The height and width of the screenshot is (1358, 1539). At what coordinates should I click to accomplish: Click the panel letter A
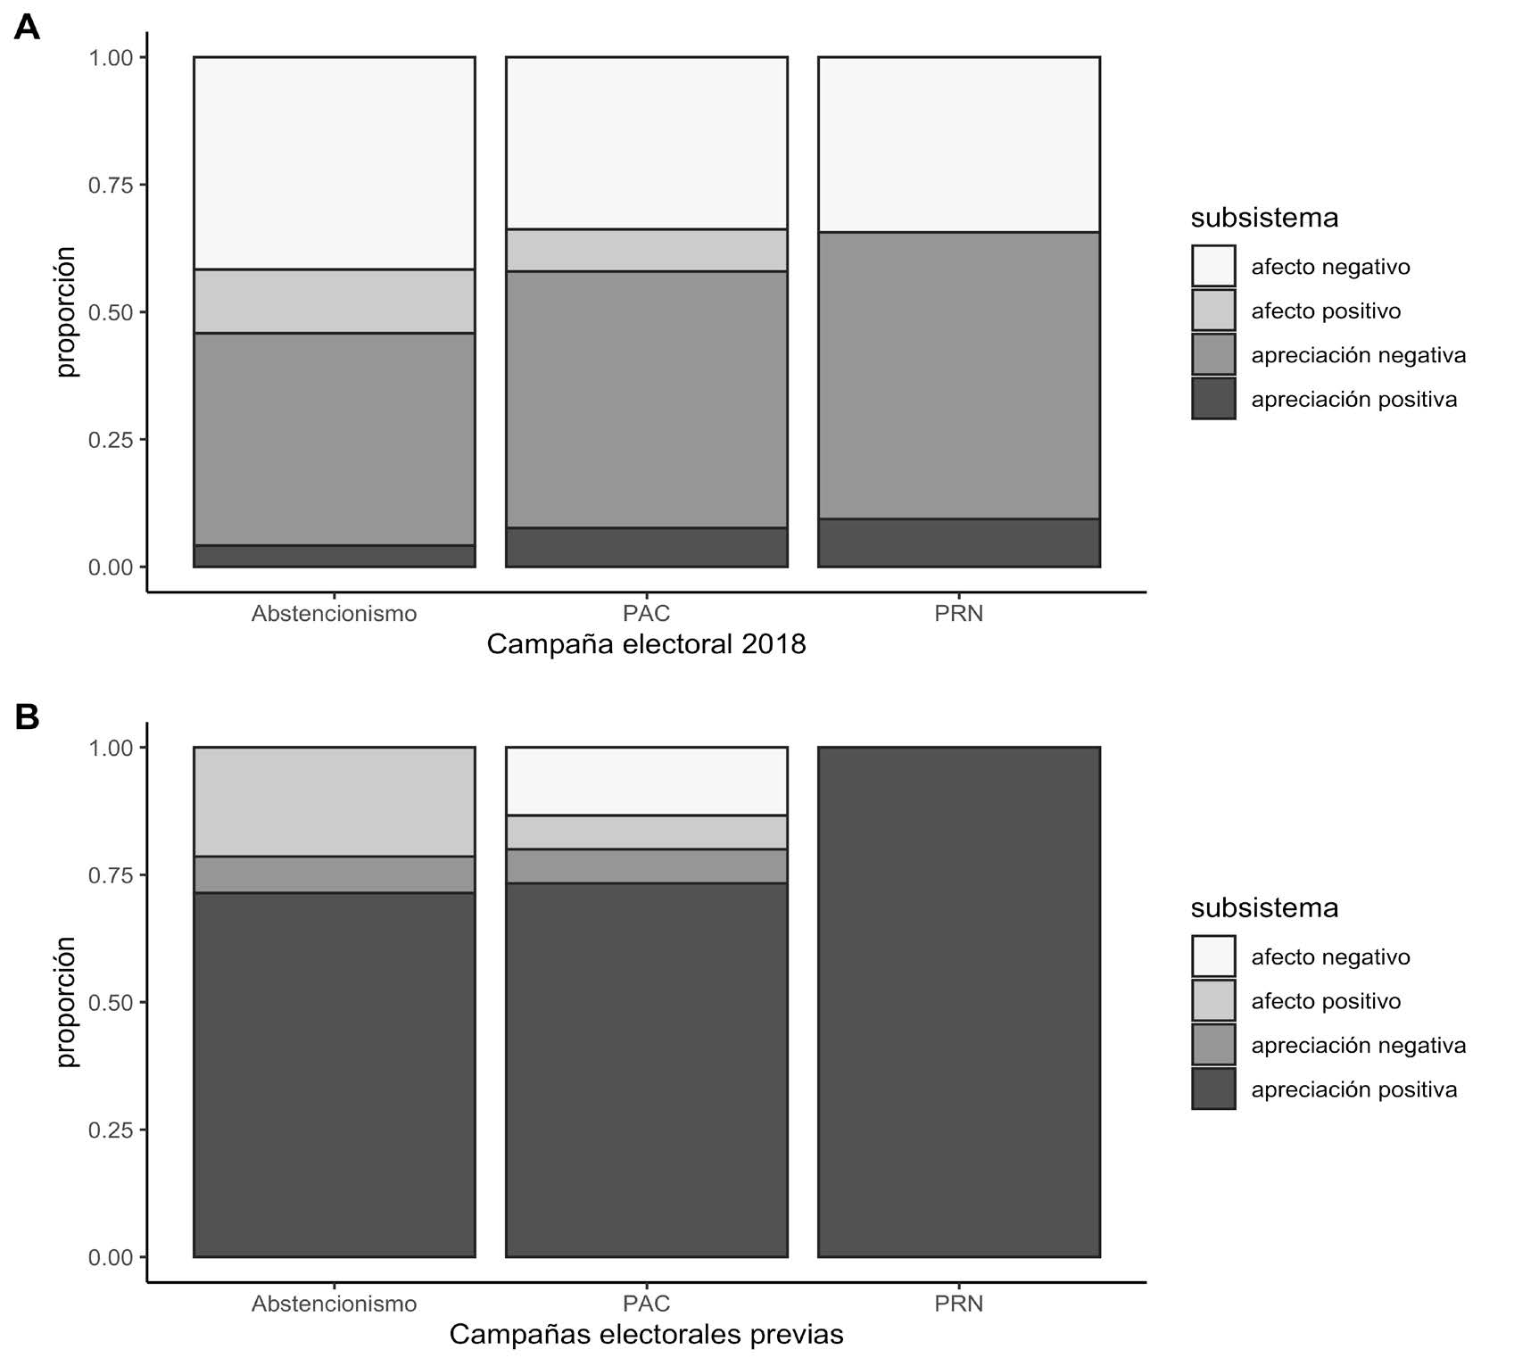(27, 28)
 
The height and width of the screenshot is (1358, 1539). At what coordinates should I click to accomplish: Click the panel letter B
(27, 716)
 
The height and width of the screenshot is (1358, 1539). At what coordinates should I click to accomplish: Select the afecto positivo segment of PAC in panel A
(646, 250)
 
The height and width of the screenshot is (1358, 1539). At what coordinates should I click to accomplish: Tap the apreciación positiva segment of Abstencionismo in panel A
(334, 556)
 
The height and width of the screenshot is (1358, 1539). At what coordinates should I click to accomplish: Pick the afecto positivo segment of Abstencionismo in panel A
(334, 301)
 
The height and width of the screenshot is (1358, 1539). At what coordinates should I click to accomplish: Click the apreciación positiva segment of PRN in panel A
(958, 542)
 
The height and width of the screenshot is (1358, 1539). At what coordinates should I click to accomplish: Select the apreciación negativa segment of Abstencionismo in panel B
(334, 874)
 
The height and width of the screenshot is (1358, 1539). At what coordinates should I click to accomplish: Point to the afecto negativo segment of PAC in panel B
(646, 781)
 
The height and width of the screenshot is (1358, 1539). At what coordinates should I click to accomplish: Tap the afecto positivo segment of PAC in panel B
(646, 832)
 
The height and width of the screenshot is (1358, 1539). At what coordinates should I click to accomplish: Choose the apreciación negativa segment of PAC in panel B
(646, 865)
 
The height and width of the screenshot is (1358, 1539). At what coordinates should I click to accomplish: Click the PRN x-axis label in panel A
(958, 614)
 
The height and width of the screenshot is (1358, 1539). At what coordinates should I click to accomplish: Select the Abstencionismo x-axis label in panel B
(334, 1304)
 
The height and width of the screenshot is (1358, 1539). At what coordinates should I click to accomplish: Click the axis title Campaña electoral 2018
(646, 644)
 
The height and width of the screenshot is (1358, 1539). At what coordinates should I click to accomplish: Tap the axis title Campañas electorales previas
(646, 1334)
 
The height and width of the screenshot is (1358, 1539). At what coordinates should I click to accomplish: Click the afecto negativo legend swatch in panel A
(1213, 266)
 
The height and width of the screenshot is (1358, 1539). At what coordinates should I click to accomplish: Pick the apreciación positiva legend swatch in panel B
(1213, 1089)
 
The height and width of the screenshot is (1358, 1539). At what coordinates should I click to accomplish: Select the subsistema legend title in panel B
(1264, 907)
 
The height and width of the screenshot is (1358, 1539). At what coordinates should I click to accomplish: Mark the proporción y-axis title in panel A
(67, 311)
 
